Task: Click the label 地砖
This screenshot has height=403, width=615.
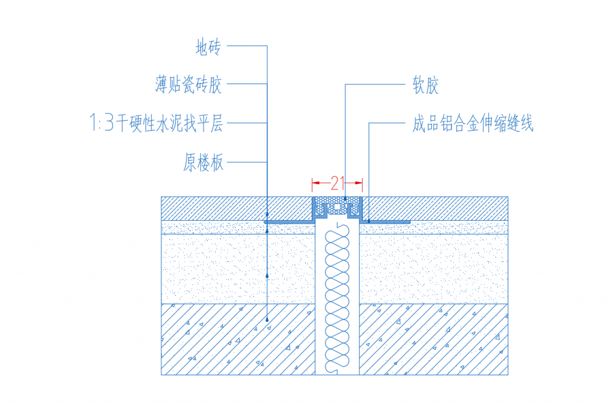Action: [x=208, y=47]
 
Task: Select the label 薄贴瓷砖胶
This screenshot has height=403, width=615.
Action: [x=188, y=84]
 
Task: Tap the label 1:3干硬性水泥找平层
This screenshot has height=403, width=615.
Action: [x=157, y=123]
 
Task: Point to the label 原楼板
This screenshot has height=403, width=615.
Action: [x=203, y=162]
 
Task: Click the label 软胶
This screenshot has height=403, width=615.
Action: [x=426, y=85]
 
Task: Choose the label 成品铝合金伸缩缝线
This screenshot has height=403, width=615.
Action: [x=473, y=123]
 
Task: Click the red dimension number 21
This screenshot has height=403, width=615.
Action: [x=338, y=183]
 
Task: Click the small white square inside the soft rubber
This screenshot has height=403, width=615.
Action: [x=337, y=206]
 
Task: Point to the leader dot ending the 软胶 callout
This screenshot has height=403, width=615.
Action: [x=345, y=199]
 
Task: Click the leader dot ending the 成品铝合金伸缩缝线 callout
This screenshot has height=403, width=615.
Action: [x=369, y=221]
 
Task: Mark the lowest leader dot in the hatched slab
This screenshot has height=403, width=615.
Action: [x=267, y=320]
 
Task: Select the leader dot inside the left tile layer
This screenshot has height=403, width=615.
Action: [x=267, y=215]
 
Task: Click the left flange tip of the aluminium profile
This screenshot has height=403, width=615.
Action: [x=265, y=222]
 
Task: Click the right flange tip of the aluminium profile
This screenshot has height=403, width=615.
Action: [x=409, y=222]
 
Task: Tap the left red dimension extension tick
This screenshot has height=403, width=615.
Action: [x=312, y=185]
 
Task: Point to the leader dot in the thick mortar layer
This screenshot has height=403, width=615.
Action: [x=267, y=276]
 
